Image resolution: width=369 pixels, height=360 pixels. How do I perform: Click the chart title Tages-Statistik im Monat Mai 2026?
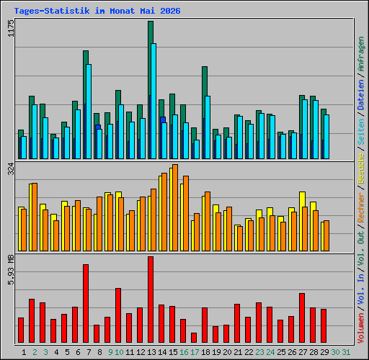click(x=97, y=11)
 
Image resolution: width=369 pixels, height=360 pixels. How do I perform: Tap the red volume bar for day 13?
click(x=151, y=300)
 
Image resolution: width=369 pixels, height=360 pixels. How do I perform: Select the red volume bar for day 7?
click(x=86, y=303)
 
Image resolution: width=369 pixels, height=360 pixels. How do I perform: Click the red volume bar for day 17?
click(x=194, y=338)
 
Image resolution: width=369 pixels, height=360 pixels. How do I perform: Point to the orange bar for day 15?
click(x=175, y=208)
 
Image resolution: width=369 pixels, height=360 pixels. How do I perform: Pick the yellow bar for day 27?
click(x=301, y=221)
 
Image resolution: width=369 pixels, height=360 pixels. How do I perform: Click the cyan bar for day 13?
click(x=154, y=101)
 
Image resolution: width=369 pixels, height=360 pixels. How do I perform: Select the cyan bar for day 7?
click(x=89, y=112)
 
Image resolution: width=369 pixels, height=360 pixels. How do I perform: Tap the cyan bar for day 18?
click(x=208, y=127)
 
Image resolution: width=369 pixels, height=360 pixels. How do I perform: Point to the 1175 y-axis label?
click(x=11, y=28)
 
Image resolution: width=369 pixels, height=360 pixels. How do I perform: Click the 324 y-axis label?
click(x=11, y=168)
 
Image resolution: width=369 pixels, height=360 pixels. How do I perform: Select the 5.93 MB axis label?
click(x=11, y=270)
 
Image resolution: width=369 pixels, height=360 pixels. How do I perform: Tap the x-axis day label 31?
click(x=346, y=352)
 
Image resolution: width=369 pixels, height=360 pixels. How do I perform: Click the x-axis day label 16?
click(x=184, y=352)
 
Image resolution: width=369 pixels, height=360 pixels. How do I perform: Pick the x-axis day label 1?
click(x=24, y=352)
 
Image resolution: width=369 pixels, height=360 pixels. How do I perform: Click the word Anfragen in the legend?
click(x=361, y=54)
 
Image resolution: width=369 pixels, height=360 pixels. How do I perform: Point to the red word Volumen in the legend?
click(x=361, y=328)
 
